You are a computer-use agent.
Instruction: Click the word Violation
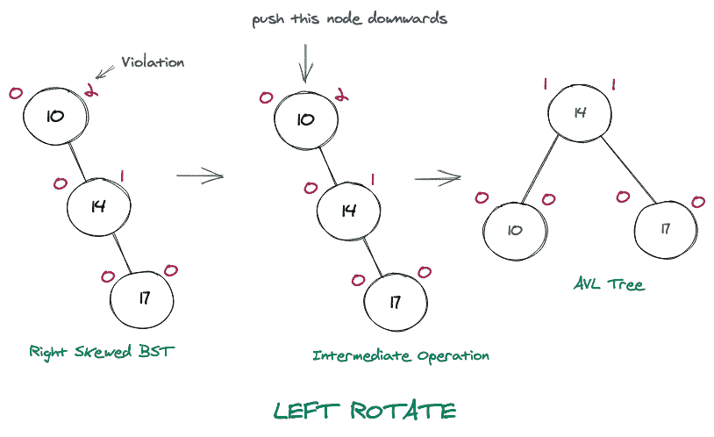point(154,62)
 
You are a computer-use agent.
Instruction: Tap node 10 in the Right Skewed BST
point(55,116)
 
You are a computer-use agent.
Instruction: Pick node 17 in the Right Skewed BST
point(143,298)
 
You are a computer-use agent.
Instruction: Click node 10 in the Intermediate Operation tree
point(305,118)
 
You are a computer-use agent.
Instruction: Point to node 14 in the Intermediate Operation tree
point(348,211)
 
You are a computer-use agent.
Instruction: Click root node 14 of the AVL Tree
point(580,113)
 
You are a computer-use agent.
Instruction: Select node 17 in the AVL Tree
point(667,229)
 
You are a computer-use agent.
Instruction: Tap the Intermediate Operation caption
point(401,355)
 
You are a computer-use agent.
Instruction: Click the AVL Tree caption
point(609,285)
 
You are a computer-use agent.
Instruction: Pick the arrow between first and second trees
point(200,176)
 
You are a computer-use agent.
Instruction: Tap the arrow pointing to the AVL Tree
point(437,179)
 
